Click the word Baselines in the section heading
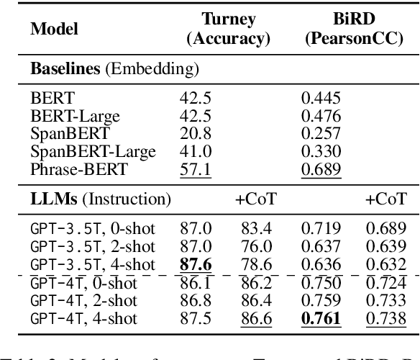click(62, 69)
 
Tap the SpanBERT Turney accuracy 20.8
click(193, 132)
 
